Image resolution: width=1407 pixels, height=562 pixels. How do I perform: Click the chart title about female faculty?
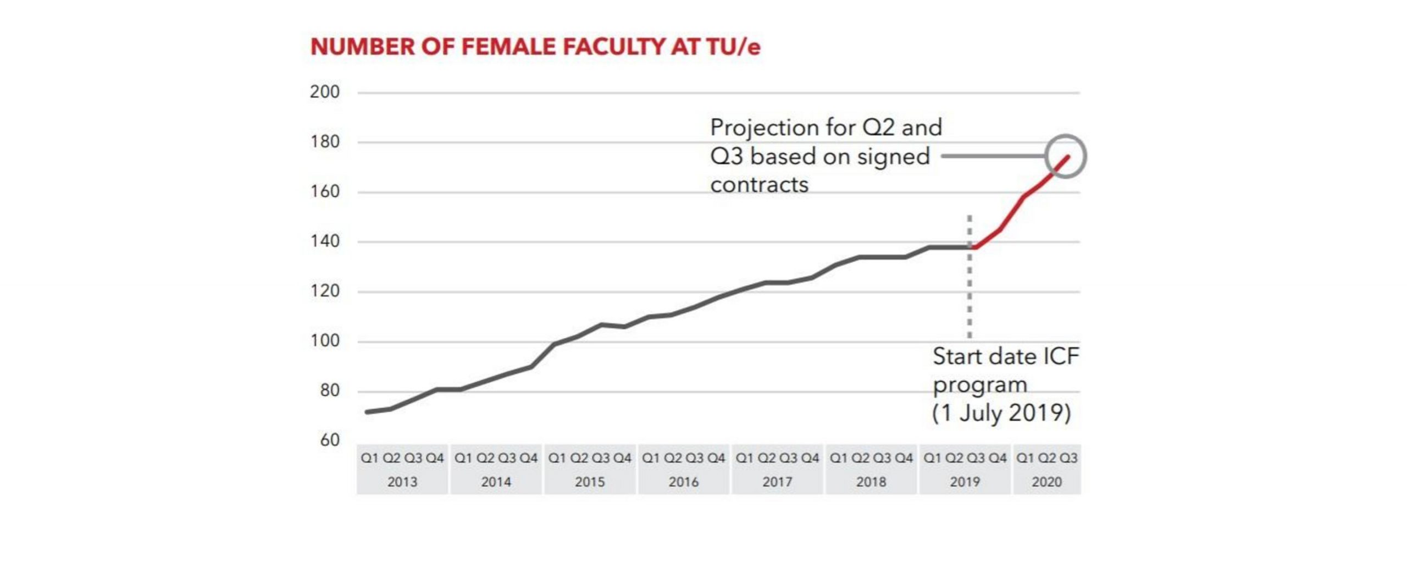point(535,47)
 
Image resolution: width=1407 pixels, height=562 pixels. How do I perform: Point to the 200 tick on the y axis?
point(324,92)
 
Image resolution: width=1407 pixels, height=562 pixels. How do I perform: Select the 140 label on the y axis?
point(324,241)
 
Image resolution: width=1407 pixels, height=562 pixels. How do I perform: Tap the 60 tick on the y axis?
point(329,440)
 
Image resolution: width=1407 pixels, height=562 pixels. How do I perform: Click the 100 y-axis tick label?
point(324,341)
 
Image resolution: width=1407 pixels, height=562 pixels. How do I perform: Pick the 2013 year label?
point(402,482)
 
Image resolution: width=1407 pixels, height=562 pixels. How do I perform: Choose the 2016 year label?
point(683,482)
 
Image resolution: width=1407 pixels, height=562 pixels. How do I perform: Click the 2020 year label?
point(1046,482)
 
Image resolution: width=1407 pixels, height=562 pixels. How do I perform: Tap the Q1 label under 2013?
point(369,458)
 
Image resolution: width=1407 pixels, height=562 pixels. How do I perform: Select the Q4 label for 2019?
point(998,458)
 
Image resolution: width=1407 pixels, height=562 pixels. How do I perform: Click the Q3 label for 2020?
point(1068,458)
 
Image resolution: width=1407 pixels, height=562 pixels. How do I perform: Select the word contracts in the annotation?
point(759,185)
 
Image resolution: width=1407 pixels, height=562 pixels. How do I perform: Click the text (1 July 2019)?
point(1001,412)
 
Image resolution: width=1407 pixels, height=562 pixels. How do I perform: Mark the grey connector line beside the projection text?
point(992,156)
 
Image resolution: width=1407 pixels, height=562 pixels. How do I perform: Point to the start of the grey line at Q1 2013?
point(367,412)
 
